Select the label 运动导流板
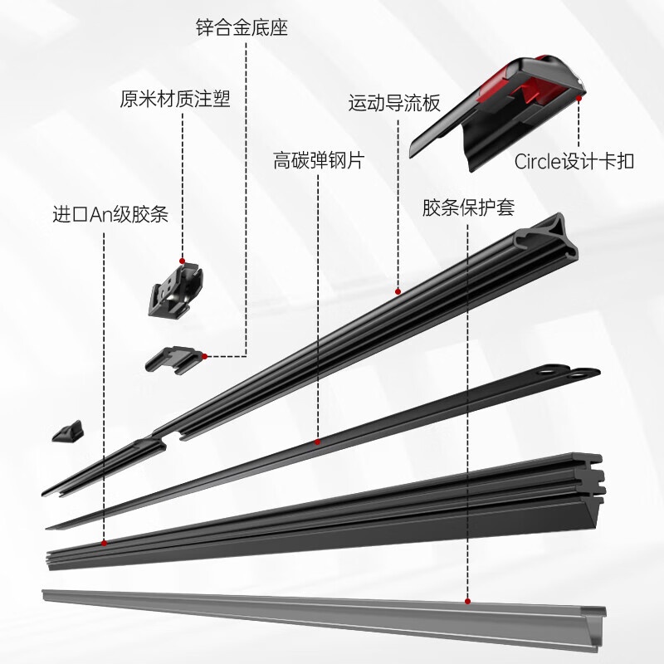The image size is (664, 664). [x=394, y=103]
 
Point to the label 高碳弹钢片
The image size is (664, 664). [x=319, y=160]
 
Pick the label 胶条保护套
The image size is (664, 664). [x=468, y=207]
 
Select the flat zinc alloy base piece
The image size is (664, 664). [x=173, y=358]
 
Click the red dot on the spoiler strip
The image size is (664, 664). [x=398, y=292]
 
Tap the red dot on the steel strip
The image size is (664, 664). [x=317, y=442]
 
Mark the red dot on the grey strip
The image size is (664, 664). [x=469, y=601]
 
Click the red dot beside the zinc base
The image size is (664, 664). [x=203, y=355]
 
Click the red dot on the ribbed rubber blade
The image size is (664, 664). [x=105, y=543]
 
